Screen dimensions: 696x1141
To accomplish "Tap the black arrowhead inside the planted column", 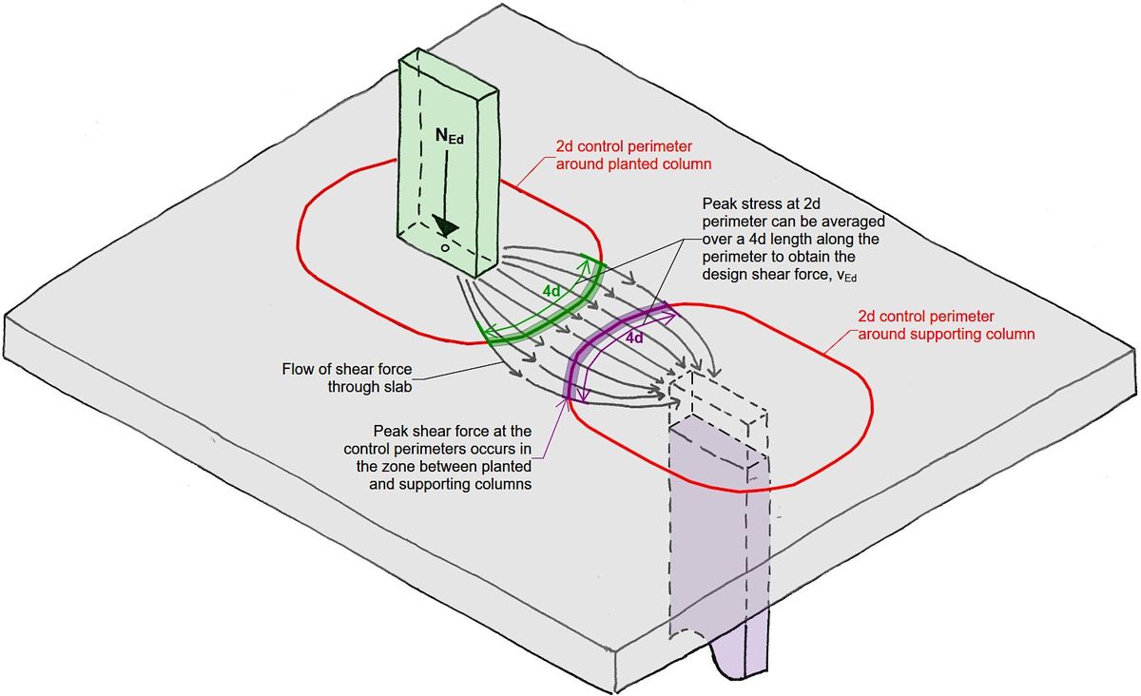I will [x=443, y=225].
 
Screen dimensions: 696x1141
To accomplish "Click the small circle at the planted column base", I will [x=444, y=247].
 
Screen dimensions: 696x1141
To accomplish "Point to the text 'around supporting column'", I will [x=946, y=335].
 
